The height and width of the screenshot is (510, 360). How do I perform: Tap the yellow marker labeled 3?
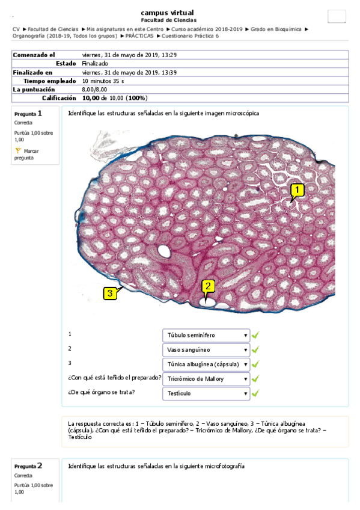pos(109,293)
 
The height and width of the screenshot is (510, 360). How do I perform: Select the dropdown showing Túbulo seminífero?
pos(206,335)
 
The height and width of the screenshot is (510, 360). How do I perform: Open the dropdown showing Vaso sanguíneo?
pos(206,349)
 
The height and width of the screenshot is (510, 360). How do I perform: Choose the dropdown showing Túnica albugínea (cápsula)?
pos(206,364)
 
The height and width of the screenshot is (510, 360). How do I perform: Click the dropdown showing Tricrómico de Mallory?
pos(206,379)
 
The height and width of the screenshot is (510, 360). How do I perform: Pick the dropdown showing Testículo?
pos(206,393)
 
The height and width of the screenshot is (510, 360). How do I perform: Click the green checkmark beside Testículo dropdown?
pos(255,393)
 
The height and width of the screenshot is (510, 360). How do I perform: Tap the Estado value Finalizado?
pos(95,63)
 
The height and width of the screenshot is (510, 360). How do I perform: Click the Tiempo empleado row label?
pos(50,81)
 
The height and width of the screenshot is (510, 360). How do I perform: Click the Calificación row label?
pos(58,97)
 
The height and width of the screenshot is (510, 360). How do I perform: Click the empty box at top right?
pos(336,16)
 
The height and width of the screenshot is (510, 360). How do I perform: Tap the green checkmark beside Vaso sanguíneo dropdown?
pos(255,349)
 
